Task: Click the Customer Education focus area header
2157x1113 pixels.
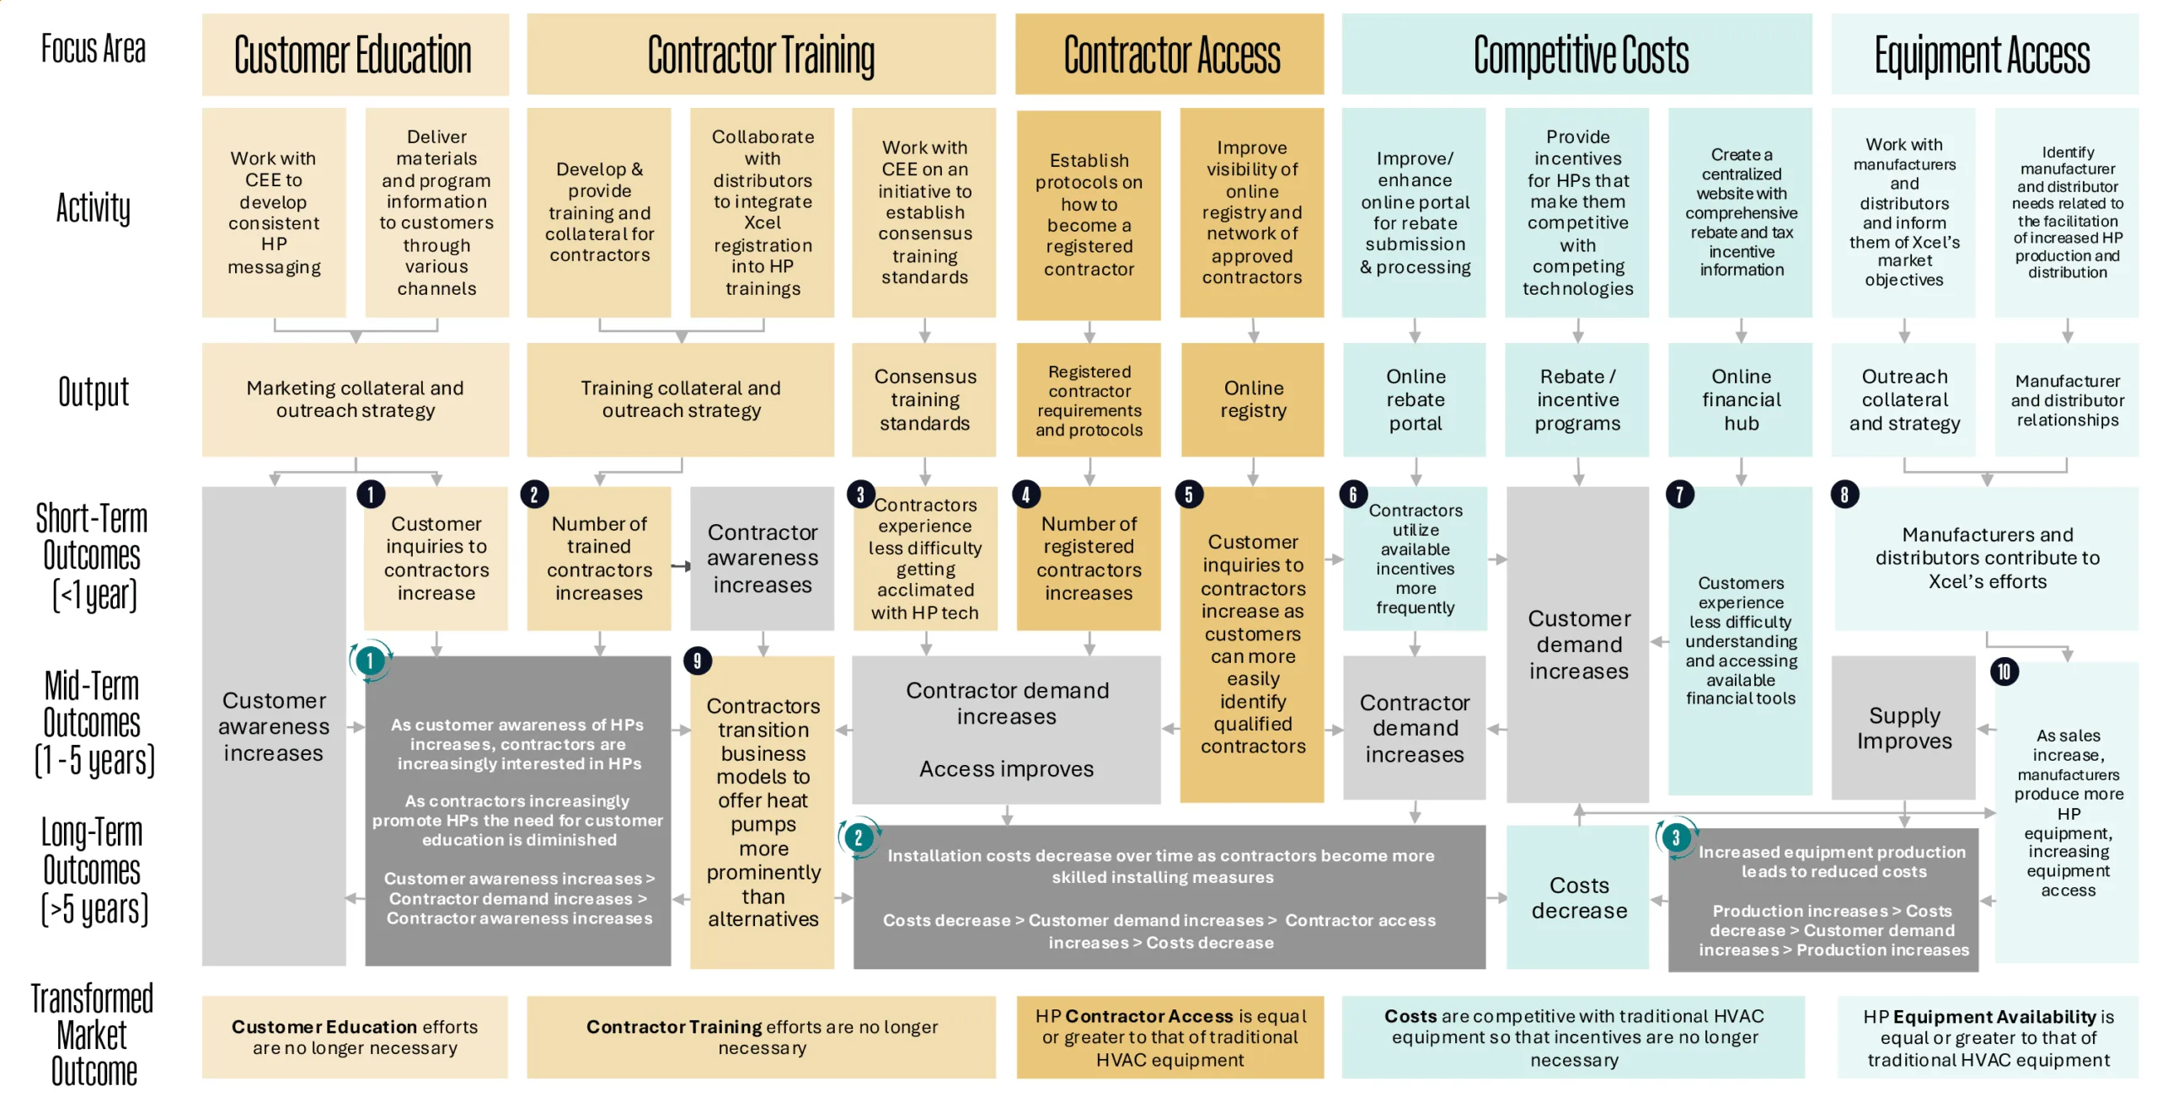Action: point(355,55)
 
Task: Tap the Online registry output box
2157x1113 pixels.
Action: point(1253,399)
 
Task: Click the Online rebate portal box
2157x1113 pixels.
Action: point(1415,399)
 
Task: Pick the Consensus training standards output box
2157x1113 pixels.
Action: point(924,399)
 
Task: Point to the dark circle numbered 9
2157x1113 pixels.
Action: point(697,661)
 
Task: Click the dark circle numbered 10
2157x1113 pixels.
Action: point(2004,672)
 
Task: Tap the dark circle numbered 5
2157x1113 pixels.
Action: point(1188,495)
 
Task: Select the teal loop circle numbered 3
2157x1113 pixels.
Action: point(1675,837)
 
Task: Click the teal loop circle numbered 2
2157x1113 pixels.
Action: point(858,837)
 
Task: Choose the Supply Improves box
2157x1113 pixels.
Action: point(1903,728)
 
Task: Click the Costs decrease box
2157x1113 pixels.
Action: point(1578,897)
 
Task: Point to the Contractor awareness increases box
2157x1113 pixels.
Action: point(762,558)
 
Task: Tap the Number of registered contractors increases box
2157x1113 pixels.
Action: point(1088,558)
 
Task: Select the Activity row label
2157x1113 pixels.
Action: point(94,208)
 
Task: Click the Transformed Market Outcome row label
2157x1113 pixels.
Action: point(93,1035)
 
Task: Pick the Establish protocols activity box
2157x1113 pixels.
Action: point(1088,214)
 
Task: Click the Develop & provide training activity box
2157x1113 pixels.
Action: point(599,212)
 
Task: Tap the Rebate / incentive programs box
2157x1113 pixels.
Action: point(1576,399)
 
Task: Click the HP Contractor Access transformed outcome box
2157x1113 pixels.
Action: point(1169,1037)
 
